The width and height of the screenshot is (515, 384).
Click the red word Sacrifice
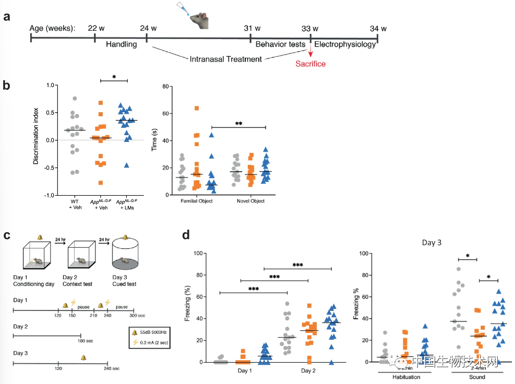coord(310,64)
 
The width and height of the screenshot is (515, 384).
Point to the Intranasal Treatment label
coord(225,59)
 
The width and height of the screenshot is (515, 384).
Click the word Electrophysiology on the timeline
coord(345,44)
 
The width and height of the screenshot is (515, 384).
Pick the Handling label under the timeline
coord(121,44)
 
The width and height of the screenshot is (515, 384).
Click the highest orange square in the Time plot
coord(197,108)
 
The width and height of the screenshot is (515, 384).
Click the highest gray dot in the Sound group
coord(459,269)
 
